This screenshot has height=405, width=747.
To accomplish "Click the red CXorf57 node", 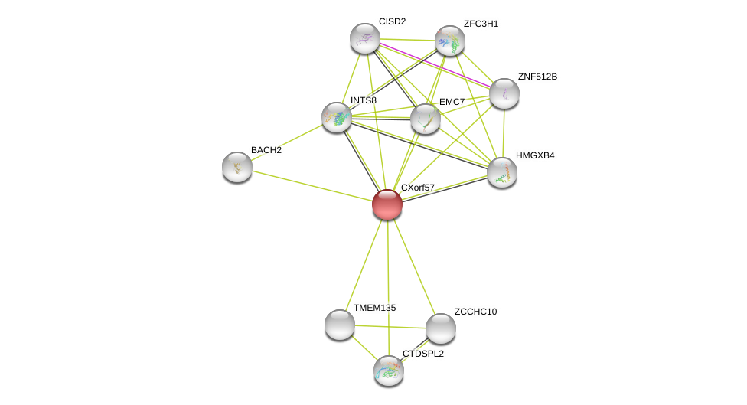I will (x=387, y=204).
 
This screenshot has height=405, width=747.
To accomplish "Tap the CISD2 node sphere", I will (x=365, y=38).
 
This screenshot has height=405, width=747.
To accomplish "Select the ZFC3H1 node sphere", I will (x=450, y=41).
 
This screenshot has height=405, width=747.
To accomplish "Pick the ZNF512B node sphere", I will (x=504, y=93).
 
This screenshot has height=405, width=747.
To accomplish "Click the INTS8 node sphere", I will (x=337, y=117).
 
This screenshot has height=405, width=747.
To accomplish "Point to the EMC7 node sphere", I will (x=426, y=119).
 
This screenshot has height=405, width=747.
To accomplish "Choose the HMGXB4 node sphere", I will (x=502, y=172).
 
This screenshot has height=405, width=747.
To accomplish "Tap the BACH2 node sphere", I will (x=237, y=166).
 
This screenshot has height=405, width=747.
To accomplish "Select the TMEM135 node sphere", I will (x=340, y=325).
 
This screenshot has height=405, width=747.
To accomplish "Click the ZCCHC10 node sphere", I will (x=441, y=328).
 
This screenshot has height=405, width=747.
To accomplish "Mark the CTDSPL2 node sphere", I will (x=389, y=371).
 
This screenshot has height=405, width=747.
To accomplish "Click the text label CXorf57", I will (x=417, y=188).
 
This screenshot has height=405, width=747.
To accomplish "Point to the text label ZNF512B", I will (x=537, y=77).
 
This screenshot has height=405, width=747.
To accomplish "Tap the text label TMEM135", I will (x=374, y=308).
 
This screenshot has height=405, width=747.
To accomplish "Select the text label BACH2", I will (x=266, y=150).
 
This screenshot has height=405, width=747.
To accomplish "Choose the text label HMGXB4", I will (x=535, y=155).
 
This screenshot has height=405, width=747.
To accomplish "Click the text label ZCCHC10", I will (x=475, y=312).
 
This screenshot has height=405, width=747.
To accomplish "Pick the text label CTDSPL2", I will (x=423, y=354).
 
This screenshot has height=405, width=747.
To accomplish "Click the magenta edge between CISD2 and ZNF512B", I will (x=435, y=66).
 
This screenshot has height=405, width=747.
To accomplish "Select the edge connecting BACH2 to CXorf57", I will (x=312, y=185).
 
